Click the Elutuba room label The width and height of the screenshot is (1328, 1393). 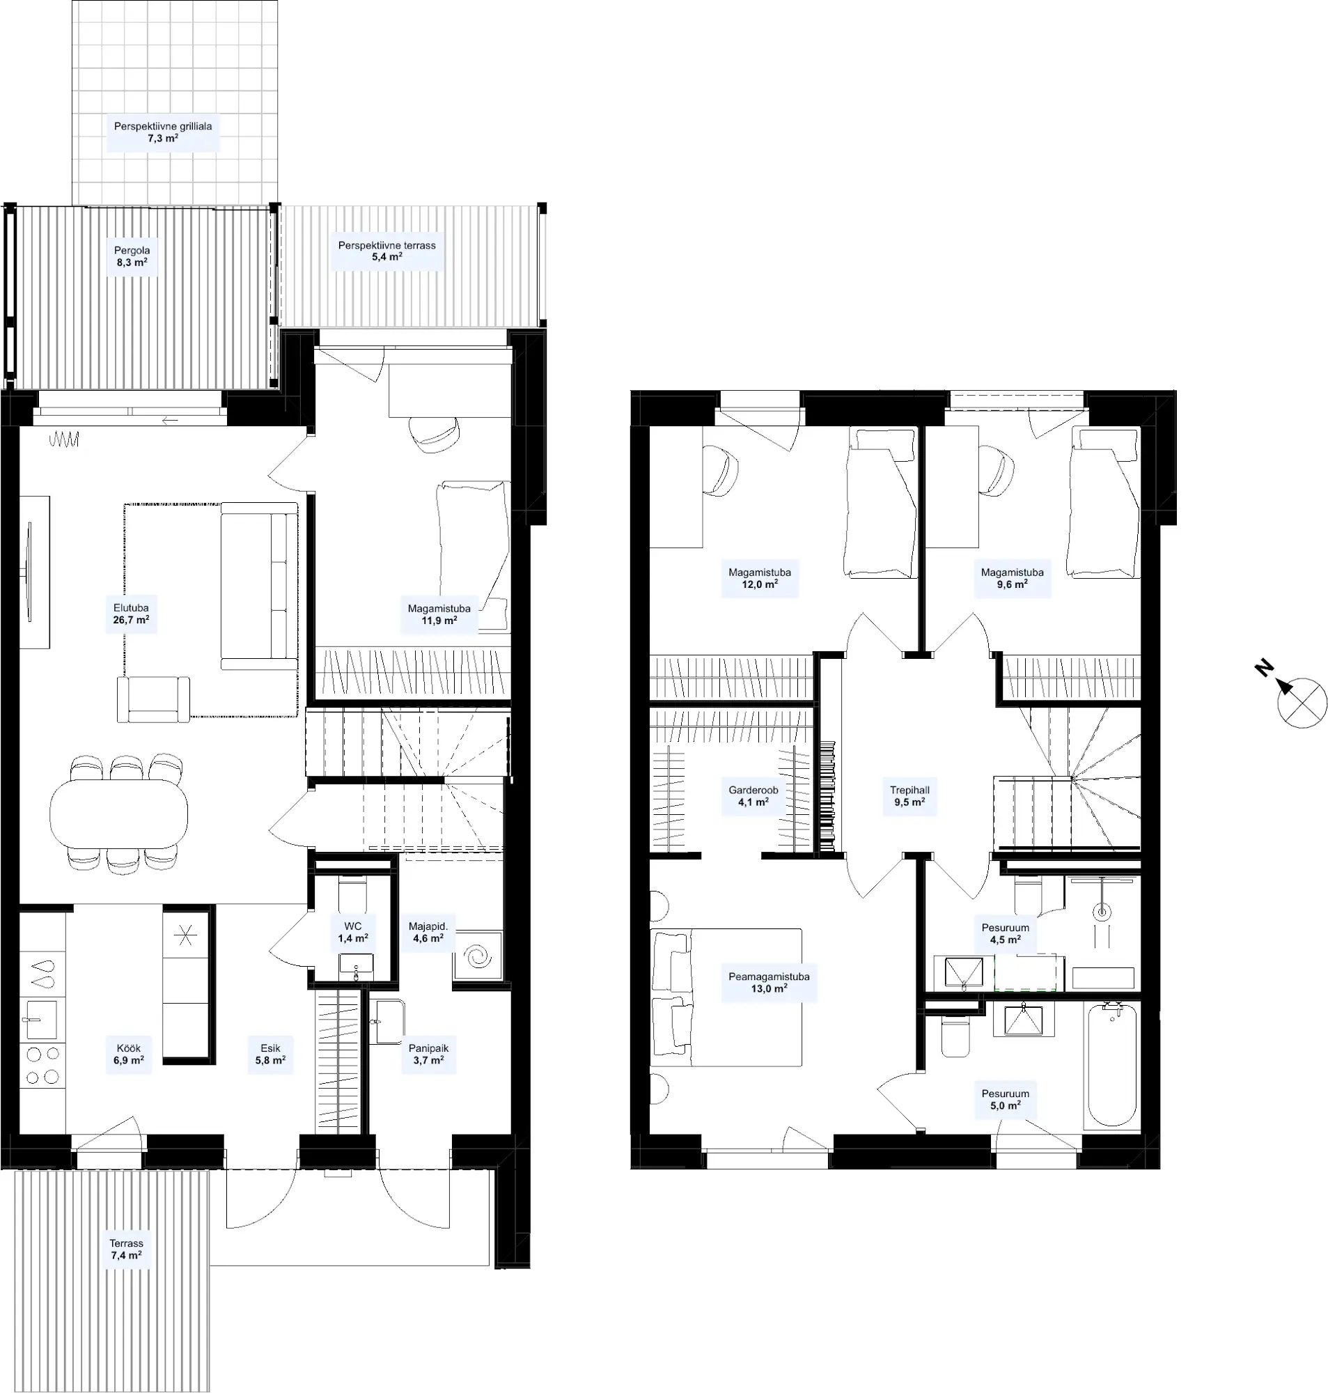pyautogui.click(x=131, y=608)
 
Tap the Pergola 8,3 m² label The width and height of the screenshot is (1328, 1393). pyautogui.click(x=132, y=256)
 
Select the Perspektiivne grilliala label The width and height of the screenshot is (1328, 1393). pyautogui.click(x=163, y=127)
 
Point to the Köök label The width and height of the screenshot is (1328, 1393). pyautogui.click(x=129, y=1048)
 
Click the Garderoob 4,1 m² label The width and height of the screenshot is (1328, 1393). pyautogui.click(x=753, y=796)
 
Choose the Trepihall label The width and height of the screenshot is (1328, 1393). pyautogui.click(x=909, y=790)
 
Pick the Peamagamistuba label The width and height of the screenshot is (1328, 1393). pyautogui.click(x=769, y=976)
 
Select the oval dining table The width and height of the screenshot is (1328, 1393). pyautogui.click(x=119, y=814)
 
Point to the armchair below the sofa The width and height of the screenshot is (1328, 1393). pyautogui.click(x=154, y=699)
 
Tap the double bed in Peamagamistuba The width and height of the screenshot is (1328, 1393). pyautogui.click(x=726, y=998)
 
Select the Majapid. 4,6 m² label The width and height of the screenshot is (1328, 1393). pyautogui.click(x=428, y=932)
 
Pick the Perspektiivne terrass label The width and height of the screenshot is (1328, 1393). pyautogui.click(x=386, y=246)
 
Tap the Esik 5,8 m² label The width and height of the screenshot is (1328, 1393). pyautogui.click(x=270, y=1055)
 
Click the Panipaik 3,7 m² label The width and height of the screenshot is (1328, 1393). pyautogui.click(x=428, y=1055)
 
